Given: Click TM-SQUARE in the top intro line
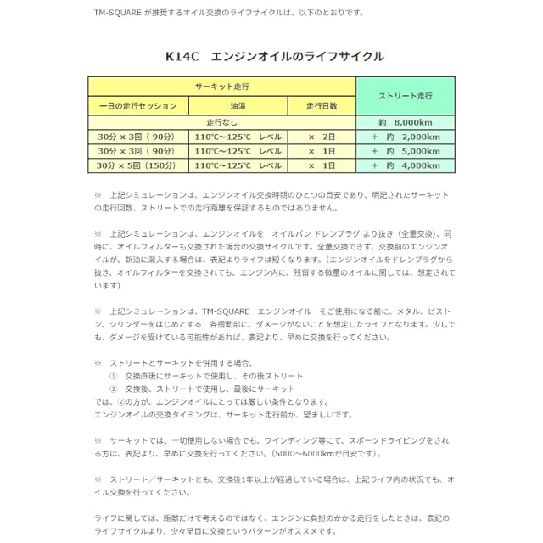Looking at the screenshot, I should pos(120,13).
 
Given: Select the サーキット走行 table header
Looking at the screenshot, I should pos(221,87).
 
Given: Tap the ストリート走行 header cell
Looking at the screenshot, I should pos(405,96).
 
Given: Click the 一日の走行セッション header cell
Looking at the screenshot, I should pos(137,106).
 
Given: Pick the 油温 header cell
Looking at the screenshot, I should pos(238,106).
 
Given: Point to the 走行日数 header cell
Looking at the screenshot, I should pos(322,106).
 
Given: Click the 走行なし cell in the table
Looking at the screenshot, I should pos(221,123).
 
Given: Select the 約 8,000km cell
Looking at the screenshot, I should pos(405,123).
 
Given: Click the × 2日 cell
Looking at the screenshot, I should pos(322,137).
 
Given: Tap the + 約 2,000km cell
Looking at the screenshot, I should pos(405,137).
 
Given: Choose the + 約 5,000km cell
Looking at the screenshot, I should pos(405,151).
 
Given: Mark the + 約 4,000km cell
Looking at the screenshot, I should pos(405,165).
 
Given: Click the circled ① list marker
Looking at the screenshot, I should pos(114,375).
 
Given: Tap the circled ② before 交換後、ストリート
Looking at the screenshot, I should pos(114,388).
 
